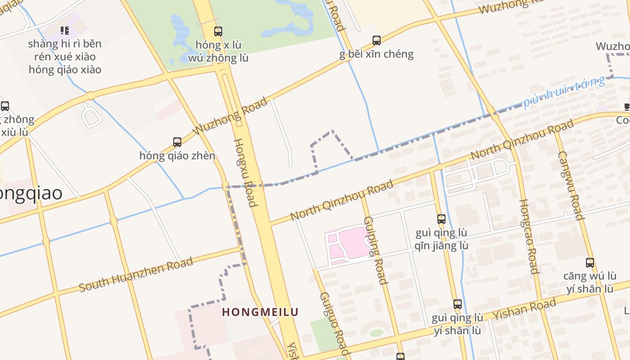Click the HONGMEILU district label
point(260,312)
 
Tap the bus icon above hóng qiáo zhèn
point(177,142)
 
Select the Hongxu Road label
point(245,173)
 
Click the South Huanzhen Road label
point(136,274)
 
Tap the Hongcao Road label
point(528,236)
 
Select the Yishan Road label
point(524,309)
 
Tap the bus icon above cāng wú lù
point(589,263)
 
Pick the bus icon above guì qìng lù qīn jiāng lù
point(441,219)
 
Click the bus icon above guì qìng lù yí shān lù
point(457,304)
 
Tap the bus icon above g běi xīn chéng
point(377,40)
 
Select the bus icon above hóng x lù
point(218,31)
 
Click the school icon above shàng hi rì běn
point(65,31)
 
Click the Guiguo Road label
point(333,323)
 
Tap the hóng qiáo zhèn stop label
point(177,156)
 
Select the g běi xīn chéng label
point(377,54)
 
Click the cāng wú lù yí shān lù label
point(589,282)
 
